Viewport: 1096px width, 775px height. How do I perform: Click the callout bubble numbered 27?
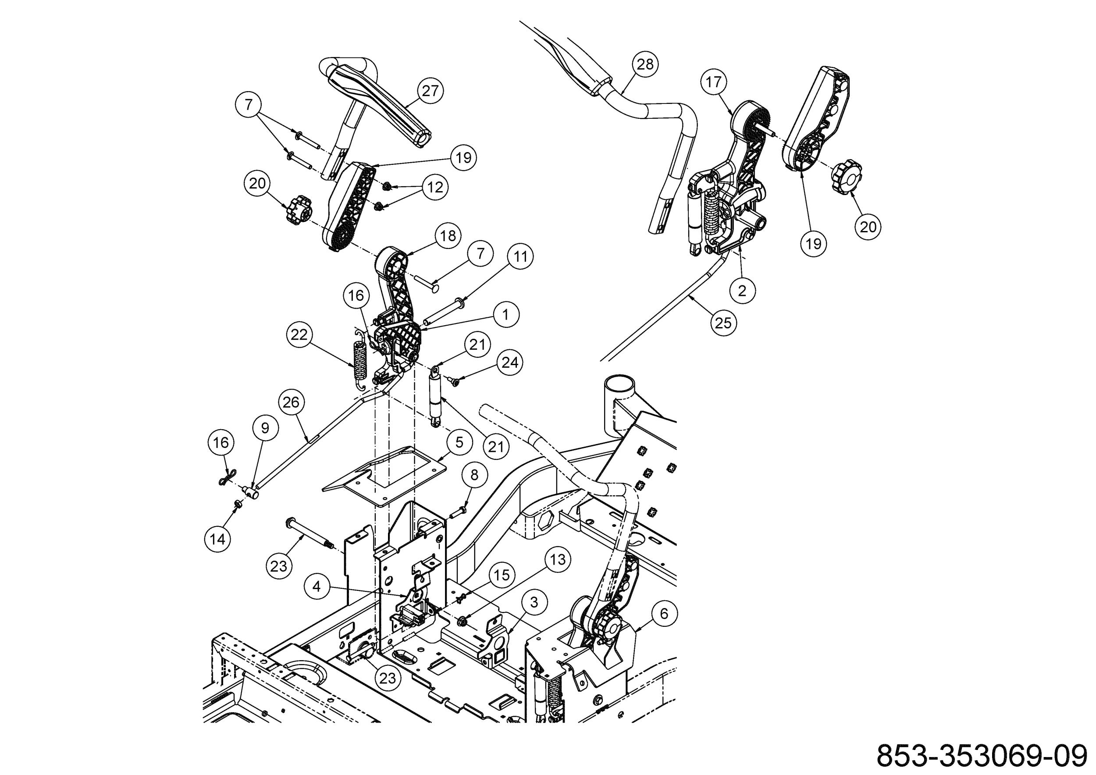[430, 91]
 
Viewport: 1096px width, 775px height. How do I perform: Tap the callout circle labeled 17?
[713, 82]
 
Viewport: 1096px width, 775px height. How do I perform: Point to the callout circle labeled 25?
[723, 323]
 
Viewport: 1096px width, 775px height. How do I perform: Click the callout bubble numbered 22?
[299, 334]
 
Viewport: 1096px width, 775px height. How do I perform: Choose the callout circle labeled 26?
[291, 402]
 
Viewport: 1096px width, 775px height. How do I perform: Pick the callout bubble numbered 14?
[218, 539]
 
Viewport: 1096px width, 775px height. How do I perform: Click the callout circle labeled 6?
[664, 614]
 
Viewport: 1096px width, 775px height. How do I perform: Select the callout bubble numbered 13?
[558, 559]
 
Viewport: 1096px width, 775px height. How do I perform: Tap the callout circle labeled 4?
[317, 586]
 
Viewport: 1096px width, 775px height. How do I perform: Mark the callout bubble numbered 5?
[459, 442]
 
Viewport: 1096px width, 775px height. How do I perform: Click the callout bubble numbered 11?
[520, 257]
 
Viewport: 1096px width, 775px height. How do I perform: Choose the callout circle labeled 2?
[741, 291]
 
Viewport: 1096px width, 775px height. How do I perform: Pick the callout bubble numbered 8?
[473, 475]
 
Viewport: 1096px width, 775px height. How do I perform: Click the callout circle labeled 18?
[448, 236]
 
